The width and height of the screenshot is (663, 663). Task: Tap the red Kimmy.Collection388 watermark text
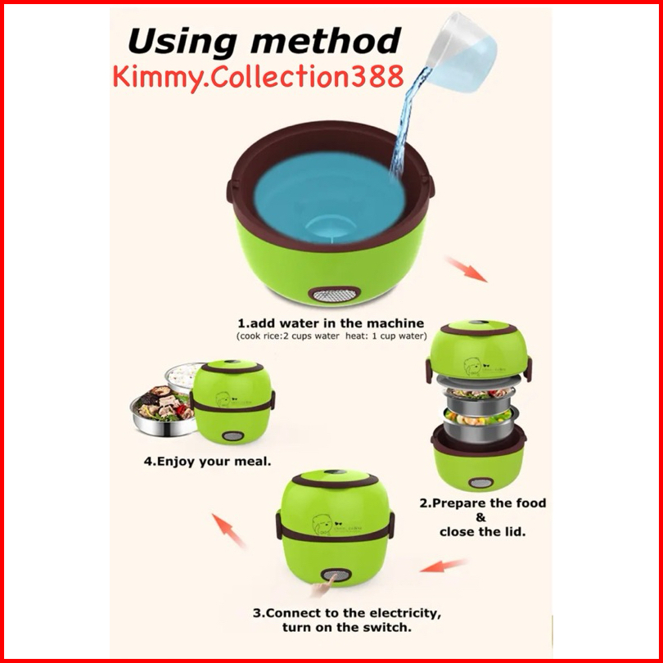(258, 78)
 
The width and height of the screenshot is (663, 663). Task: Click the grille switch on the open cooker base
(335, 295)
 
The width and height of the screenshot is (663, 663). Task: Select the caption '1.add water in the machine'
(331, 323)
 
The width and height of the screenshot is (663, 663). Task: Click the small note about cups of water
(331, 336)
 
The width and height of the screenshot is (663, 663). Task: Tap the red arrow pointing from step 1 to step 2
(467, 269)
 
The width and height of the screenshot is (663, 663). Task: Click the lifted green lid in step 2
(479, 351)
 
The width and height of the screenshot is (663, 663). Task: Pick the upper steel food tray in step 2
(479, 398)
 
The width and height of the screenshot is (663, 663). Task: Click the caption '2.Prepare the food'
(482, 503)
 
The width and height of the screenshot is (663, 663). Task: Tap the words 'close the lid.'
(482, 531)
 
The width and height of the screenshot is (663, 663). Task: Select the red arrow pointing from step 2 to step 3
(444, 566)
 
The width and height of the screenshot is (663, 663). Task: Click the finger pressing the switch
(322, 587)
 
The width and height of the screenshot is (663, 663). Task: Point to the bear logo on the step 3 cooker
(322, 525)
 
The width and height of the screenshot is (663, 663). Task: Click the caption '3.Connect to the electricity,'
(347, 613)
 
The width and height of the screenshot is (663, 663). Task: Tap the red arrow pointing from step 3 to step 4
(228, 530)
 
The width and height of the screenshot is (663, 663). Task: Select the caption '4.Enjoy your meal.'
(207, 462)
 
